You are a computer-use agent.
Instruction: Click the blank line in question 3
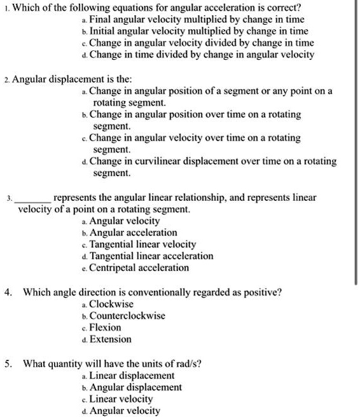point(34,198)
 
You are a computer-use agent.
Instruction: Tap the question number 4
point(7,293)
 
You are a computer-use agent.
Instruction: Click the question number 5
point(7,364)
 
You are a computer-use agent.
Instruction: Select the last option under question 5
point(125,411)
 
